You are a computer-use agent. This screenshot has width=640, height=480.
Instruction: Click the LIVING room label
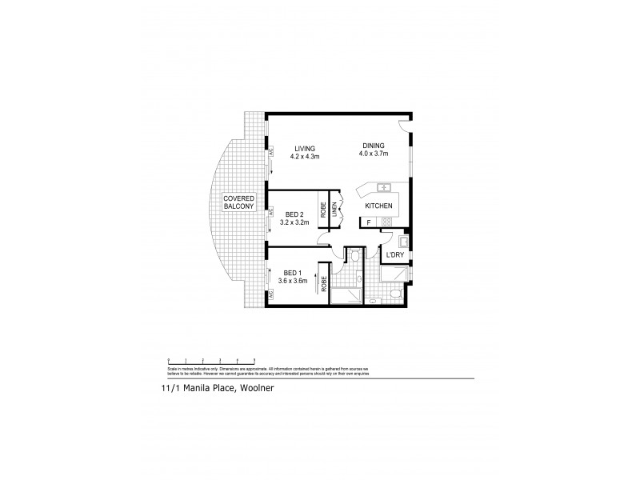[304, 148]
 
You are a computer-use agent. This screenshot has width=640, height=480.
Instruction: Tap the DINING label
[373, 145]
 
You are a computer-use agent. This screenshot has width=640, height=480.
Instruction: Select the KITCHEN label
[378, 206]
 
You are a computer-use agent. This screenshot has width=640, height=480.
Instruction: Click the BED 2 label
[294, 214]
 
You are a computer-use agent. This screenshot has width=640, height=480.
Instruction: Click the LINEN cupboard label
[336, 210]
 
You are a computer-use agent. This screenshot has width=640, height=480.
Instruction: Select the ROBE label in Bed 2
[324, 211]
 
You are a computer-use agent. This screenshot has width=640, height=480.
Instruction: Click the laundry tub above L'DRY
[404, 241]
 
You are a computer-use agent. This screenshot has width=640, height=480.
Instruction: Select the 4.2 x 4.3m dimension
[304, 157]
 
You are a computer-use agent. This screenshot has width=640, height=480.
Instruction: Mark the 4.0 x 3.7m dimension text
[373, 154]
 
